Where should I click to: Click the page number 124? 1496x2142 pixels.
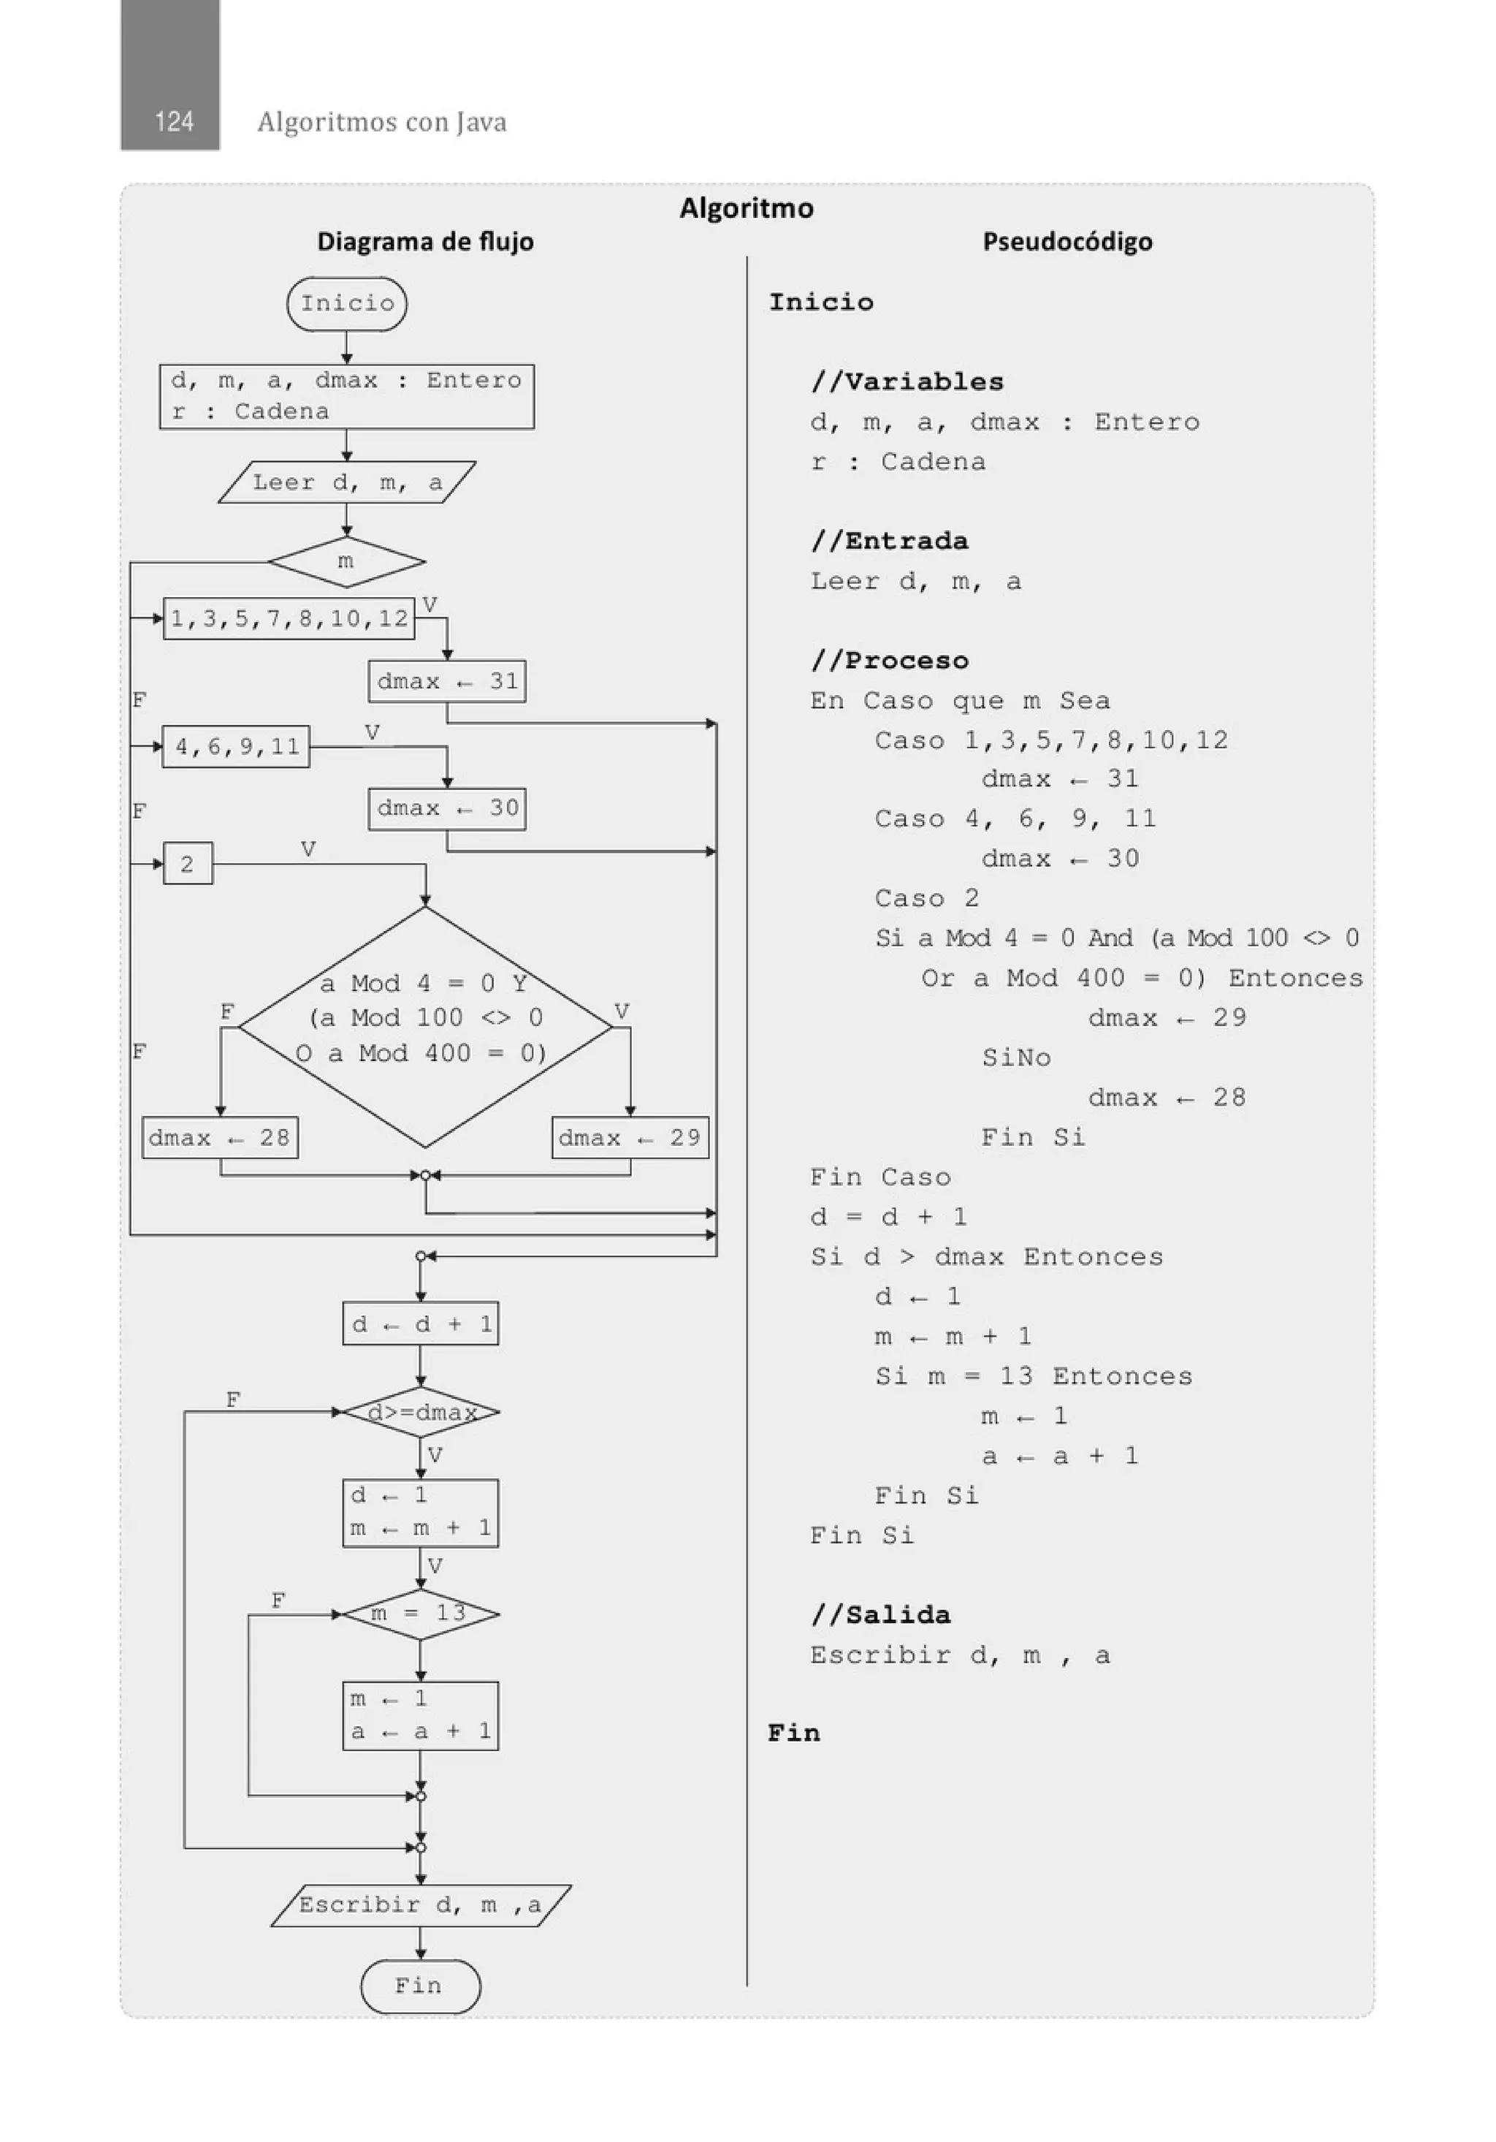tap(173, 121)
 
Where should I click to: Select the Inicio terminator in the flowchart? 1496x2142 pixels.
tap(346, 303)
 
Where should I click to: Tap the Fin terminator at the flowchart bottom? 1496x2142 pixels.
tap(420, 1986)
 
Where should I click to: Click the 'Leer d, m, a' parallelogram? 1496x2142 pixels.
tap(346, 482)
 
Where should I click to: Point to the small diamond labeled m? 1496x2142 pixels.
tap(346, 561)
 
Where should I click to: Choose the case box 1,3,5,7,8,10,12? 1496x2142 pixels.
tap(289, 618)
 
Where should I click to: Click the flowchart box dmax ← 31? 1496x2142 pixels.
tap(447, 681)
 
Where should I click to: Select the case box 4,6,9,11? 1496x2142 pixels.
tap(236, 746)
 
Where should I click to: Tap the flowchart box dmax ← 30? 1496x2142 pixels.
tap(447, 808)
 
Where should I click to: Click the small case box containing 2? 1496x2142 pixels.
tap(188, 864)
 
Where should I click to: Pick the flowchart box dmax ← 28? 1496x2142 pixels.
tap(220, 1137)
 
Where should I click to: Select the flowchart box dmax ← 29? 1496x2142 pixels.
tap(630, 1137)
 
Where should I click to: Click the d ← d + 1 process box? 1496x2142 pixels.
tap(421, 1323)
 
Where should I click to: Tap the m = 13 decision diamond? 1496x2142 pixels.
tap(421, 1614)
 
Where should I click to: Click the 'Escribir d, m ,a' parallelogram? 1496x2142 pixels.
tap(421, 1905)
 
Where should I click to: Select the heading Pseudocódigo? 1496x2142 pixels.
tap(1067, 242)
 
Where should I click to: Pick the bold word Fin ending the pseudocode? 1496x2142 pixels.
tap(794, 1733)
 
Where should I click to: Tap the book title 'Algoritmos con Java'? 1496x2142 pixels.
tap(381, 122)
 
